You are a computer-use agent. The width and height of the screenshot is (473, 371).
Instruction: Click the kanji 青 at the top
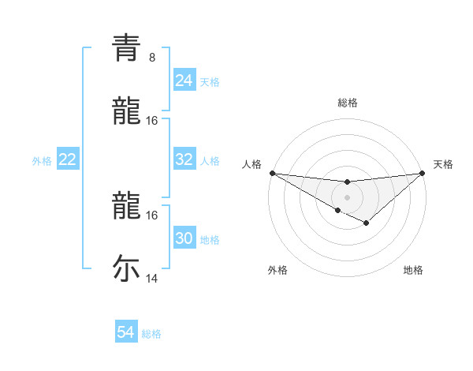tap(126, 48)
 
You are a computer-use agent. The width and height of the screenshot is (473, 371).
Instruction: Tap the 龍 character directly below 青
tap(126, 111)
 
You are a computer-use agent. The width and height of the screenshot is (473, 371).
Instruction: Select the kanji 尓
tap(126, 268)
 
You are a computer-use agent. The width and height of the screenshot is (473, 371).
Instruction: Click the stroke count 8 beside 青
tap(151, 58)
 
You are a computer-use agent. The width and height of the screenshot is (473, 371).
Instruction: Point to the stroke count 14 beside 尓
tap(152, 279)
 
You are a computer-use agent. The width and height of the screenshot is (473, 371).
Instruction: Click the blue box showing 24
tap(184, 81)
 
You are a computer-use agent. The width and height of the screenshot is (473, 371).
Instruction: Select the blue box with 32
tap(184, 159)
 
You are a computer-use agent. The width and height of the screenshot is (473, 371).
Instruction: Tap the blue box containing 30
tap(184, 238)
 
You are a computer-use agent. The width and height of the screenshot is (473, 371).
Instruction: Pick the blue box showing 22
tap(68, 159)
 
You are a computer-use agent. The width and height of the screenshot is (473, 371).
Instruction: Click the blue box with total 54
tap(125, 332)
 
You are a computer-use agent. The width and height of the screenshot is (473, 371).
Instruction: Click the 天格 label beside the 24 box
tap(210, 82)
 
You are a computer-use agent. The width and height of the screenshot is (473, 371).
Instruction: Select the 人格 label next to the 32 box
tap(210, 161)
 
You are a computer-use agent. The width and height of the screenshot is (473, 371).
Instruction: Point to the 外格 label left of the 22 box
tap(42, 161)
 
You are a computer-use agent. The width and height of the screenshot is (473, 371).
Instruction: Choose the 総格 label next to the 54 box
tap(151, 334)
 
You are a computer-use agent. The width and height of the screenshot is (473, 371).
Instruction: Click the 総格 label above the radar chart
tap(348, 103)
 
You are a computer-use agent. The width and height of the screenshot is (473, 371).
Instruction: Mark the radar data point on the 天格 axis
tap(423, 172)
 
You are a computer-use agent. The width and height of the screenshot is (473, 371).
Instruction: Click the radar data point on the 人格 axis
tap(272, 172)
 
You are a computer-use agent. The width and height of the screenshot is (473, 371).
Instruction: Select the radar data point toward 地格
tap(367, 223)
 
